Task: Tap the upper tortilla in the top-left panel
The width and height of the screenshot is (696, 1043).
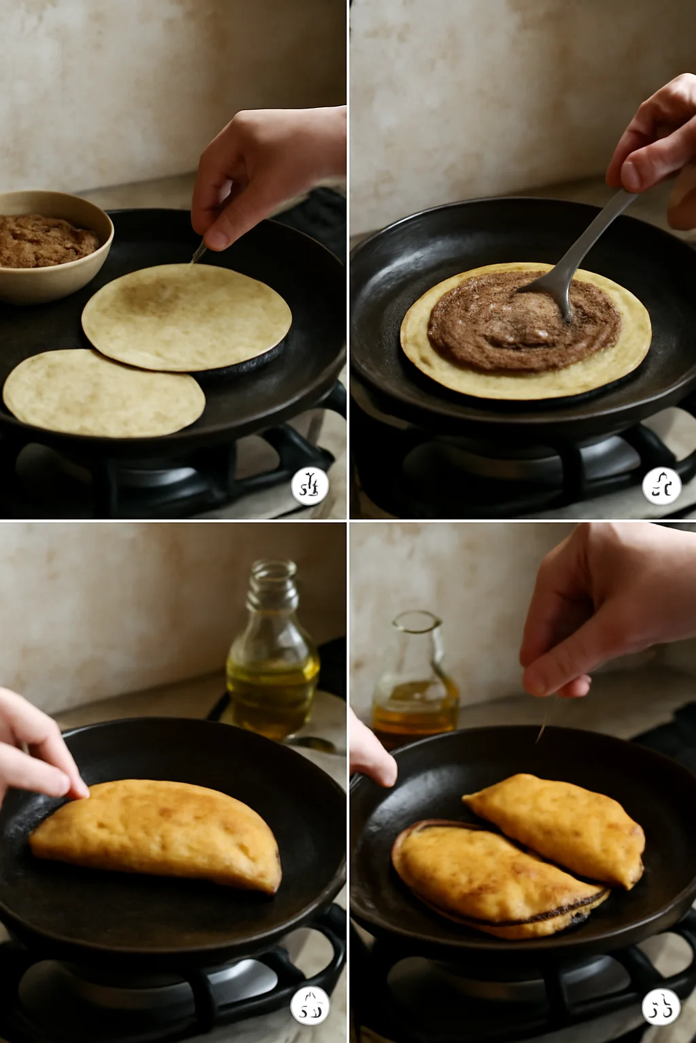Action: pos(187,316)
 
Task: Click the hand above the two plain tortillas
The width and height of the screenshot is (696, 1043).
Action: pos(265,170)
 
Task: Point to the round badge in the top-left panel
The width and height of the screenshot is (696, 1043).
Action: pos(310,486)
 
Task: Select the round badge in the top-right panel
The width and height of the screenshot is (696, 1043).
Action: pos(661,486)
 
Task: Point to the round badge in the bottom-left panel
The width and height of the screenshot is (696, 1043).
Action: pos(310,1006)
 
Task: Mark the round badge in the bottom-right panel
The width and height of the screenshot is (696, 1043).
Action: pos(661,1006)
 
